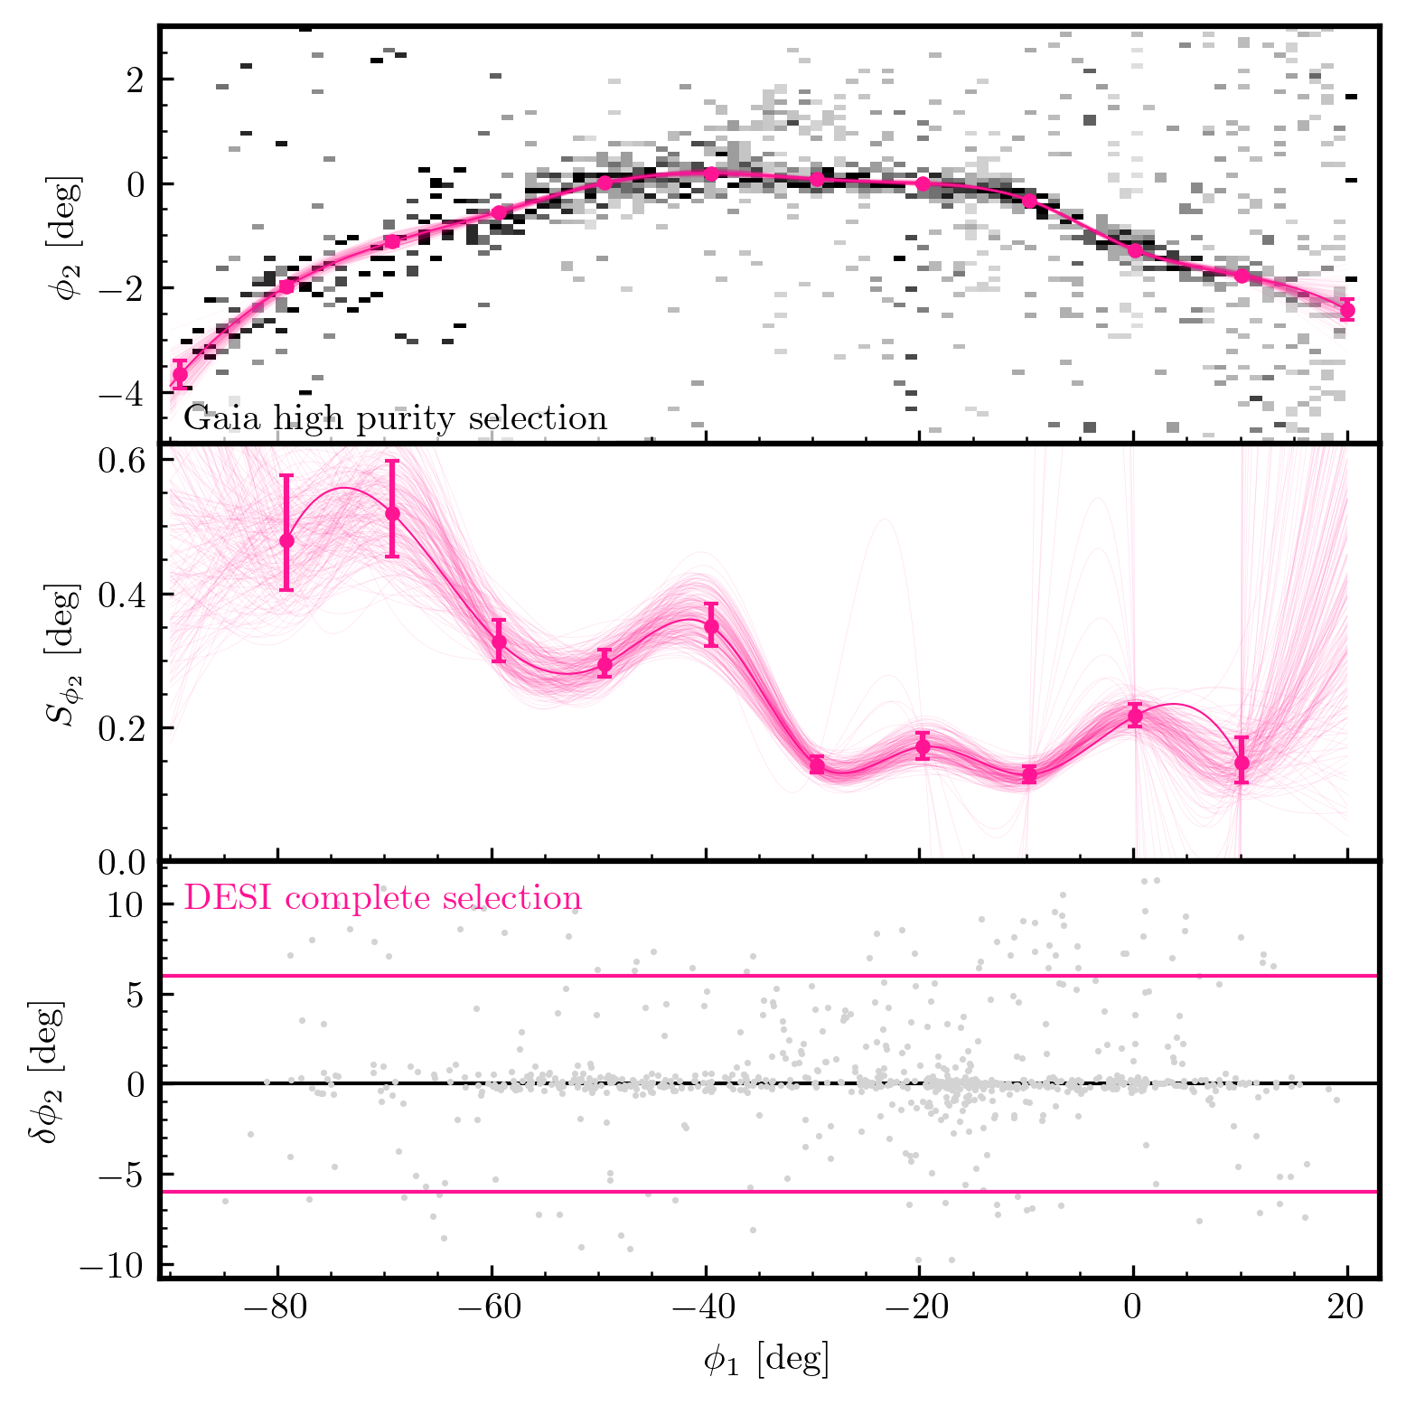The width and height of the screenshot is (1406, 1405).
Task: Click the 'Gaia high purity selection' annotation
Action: [395, 419]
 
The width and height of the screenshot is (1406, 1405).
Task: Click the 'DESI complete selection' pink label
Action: [383, 898]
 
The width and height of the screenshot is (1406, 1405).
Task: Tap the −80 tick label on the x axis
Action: [278, 1309]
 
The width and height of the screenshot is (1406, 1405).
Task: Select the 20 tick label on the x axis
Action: [1347, 1309]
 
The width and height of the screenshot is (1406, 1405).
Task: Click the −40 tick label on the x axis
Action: [706, 1309]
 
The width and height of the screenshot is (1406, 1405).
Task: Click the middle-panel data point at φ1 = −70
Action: [392, 513]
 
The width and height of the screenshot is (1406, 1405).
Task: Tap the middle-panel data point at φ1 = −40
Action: [711, 626]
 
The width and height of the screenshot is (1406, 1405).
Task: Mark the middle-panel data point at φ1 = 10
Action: [1242, 763]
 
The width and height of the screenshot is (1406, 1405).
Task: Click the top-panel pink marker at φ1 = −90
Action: [180, 374]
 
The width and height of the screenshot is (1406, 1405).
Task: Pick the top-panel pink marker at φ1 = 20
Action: [1347, 310]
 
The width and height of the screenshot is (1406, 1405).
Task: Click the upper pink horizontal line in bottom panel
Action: [770, 976]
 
